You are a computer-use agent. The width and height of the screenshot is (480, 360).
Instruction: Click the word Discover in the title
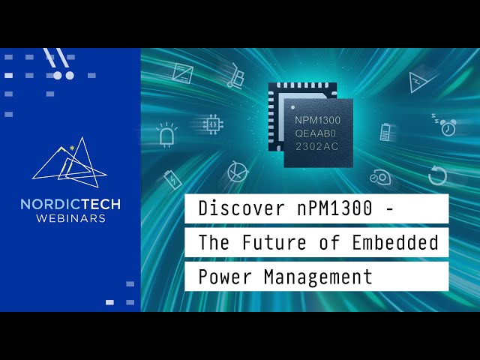click(231, 209)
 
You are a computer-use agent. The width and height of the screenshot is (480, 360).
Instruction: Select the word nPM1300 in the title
click(329, 209)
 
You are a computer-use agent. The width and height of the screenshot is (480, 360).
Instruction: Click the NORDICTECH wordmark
click(70, 204)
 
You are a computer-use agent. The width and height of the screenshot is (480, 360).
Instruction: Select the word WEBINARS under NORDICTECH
click(70, 219)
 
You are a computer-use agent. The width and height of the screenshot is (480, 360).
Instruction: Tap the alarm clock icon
click(448, 127)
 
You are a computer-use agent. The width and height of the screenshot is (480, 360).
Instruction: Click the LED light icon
click(166, 135)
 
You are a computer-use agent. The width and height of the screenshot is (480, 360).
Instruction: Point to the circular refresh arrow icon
click(437, 175)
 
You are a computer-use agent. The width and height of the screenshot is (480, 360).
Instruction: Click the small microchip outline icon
click(213, 123)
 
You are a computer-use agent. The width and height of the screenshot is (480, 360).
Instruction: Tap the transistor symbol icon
click(236, 172)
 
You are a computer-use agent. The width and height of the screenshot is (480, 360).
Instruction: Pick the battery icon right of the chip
click(386, 132)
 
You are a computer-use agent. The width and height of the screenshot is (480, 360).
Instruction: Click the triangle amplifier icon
click(418, 81)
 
